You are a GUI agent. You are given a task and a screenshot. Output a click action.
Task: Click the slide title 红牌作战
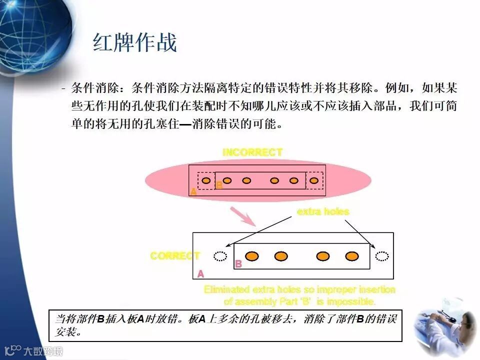click(x=135, y=43)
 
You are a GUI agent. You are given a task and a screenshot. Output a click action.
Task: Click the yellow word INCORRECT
click(x=252, y=152)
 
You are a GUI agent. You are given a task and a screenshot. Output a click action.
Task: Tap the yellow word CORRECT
click(x=175, y=256)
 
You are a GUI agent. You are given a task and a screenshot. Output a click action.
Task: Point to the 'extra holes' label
click(x=323, y=211)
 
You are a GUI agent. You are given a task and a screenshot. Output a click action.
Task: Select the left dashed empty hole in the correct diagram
click(x=219, y=256)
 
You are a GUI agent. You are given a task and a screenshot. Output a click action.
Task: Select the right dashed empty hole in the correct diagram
click(x=382, y=256)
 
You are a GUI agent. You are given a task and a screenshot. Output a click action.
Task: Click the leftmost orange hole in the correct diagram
click(x=252, y=256)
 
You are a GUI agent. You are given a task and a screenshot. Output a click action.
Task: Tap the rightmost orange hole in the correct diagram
click(x=352, y=256)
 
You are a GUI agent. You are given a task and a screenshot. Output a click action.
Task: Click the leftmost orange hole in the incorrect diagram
click(x=206, y=180)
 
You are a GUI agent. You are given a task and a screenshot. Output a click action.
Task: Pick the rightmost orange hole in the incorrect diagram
click(x=314, y=180)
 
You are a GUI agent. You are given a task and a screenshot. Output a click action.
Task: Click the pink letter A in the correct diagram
click(x=200, y=274)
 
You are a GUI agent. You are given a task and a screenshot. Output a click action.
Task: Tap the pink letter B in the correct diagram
click(x=238, y=264)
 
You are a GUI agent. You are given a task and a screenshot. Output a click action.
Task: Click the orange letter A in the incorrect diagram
click(x=193, y=191)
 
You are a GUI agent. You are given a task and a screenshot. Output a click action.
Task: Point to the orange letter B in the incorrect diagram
click(x=219, y=185)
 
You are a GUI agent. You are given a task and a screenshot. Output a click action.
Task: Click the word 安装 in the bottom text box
click(x=65, y=331)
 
